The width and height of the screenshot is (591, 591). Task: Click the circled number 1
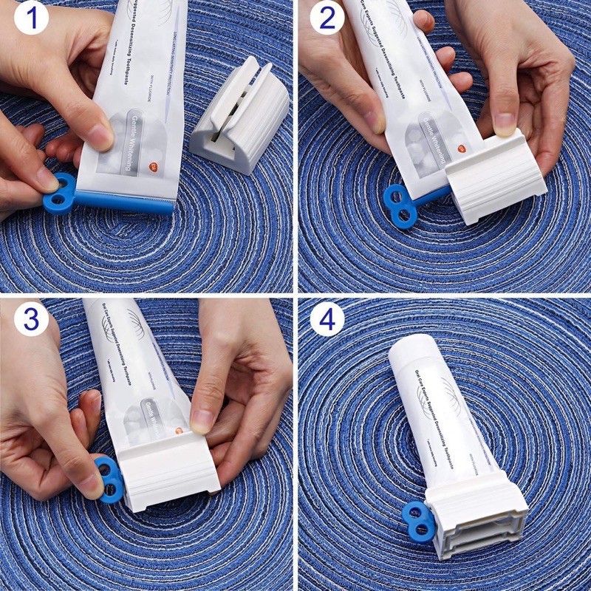(x=25, y=20)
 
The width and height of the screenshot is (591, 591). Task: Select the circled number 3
(x=26, y=318)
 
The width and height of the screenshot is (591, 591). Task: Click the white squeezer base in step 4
(x=476, y=521)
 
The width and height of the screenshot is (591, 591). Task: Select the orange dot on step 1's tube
(x=154, y=168)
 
